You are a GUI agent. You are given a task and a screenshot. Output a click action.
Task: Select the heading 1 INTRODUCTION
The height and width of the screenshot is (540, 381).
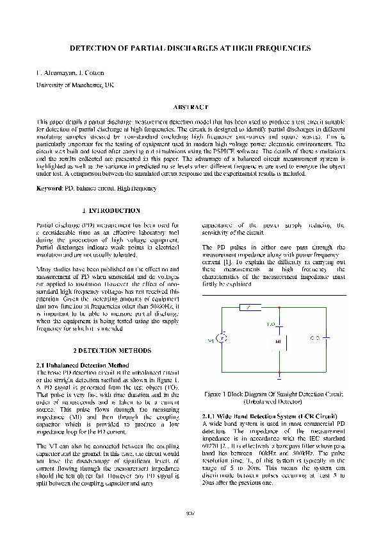[x=111, y=210]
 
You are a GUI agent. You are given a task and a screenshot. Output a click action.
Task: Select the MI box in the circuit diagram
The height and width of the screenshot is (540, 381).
[x=279, y=341]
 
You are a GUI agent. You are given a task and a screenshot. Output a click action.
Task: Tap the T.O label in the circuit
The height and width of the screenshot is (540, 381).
[x=271, y=324]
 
